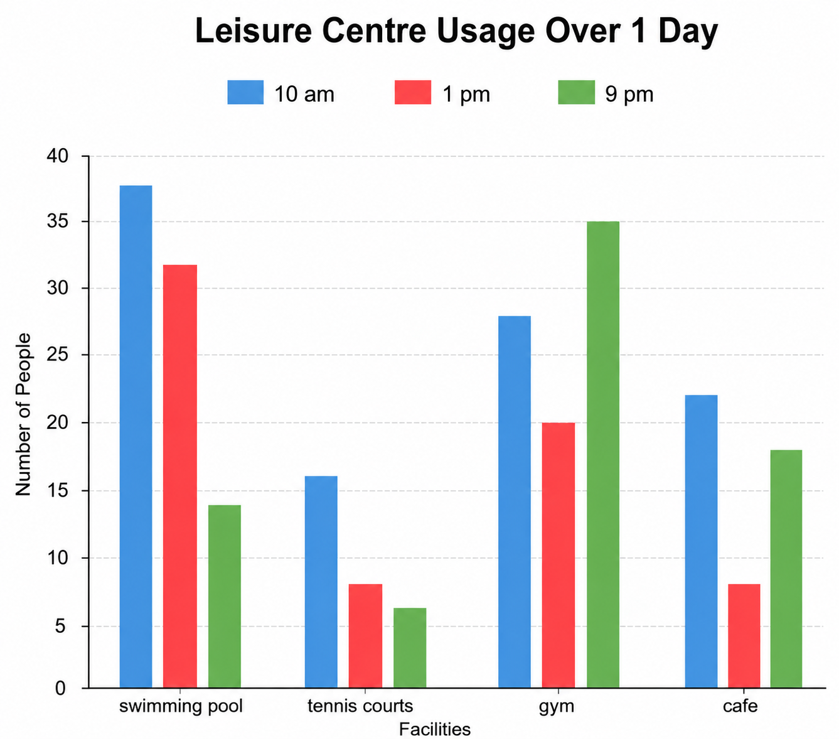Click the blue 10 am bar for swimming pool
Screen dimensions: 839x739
136,436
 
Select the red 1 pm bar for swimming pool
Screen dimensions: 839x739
180,476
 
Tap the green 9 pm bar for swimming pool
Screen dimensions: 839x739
225,596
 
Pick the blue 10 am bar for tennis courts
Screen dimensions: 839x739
321,582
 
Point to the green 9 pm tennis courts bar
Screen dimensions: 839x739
410,648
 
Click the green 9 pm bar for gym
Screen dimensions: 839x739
603,455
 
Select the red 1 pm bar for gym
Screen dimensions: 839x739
558,556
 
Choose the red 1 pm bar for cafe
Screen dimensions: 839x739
744,636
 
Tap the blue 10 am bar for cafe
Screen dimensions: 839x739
701,541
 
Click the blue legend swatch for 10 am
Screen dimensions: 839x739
245,92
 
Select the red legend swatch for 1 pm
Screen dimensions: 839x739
413,92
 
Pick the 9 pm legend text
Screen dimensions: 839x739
629,94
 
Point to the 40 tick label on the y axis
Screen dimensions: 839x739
57,156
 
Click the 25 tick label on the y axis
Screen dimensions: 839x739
57,355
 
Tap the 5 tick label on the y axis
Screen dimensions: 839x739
60,626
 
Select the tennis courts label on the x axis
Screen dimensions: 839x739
360,706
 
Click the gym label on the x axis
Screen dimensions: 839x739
557,707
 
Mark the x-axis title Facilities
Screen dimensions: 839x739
435,729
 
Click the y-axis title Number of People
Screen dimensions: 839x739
23,414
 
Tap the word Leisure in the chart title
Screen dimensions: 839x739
253,31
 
